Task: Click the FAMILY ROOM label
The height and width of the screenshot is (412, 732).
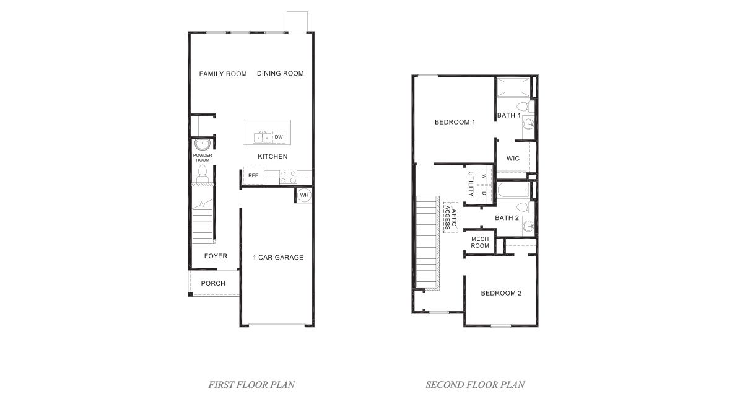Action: (x=223, y=74)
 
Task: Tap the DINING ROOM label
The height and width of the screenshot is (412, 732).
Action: (x=281, y=73)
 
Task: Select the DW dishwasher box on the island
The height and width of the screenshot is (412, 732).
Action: (x=279, y=137)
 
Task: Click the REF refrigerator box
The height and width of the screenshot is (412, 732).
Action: (x=253, y=176)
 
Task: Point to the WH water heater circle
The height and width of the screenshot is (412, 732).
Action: (x=304, y=195)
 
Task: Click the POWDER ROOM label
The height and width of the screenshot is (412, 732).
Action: (x=203, y=157)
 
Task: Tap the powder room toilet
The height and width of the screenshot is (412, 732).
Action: (x=203, y=173)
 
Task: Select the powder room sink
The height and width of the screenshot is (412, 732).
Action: (x=203, y=144)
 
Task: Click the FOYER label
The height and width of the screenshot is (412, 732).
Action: (x=216, y=256)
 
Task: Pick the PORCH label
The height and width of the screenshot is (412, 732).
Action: (x=213, y=284)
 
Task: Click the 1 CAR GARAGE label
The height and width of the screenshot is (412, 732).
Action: (x=278, y=257)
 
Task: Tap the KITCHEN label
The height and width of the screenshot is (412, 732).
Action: (x=272, y=156)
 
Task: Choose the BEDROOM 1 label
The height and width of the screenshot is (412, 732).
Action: (x=455, y=122)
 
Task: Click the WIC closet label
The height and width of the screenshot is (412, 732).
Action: (x=513, y=159)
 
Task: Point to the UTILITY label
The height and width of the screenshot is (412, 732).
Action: (x=471, y=183)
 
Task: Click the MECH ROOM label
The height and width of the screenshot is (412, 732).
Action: (x=480, y=242)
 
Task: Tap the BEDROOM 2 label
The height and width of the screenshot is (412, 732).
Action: (x=501, y=293)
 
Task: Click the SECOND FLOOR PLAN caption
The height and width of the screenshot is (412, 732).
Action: (x=475, y=385)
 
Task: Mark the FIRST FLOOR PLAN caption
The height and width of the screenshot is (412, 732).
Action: (x=251, y=385)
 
